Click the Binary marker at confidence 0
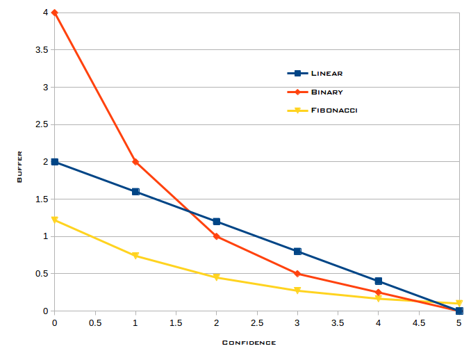pos(54,13)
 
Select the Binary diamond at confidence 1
pos(135,162)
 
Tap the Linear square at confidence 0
pos(55,162)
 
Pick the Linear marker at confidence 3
pos(297,251)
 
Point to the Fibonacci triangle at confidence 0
pos(55,220)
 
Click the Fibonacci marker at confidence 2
pos(216,277)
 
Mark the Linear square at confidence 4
pos(379,281)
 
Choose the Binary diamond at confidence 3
pos(297,274)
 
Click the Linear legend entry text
pos(327,74)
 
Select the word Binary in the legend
pos(327,92)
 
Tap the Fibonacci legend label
pos(334,111)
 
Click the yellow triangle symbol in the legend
pos(297,111)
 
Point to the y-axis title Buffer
pos(19,167)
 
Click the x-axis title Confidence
pos(249,343)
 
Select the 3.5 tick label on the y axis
pos(42,50)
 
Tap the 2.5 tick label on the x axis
pos(257,323)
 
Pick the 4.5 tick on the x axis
pos(419,323)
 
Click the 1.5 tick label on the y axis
pos(42,199)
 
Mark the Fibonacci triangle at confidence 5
pos(459,303)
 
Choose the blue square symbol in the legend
pos(297,74)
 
